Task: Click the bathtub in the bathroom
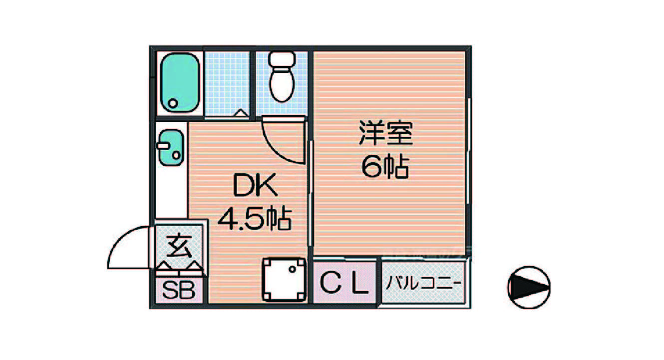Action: coord(180,83)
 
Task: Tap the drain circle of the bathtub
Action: coord(173,103)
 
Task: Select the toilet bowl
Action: coord(282,84)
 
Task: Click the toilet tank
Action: coord(282,59)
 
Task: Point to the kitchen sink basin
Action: coord(171,147)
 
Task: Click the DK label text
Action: coord(255,185)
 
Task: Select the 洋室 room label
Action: coord(386,133)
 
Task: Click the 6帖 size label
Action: coord(385,167)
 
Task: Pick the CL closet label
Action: coord(345,283)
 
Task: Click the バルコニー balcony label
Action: coord(423,283)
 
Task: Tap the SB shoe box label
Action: coord(179,290)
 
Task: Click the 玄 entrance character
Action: coord(179,246)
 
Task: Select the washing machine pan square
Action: coord(284,279)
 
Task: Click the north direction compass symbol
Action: coord(529,287)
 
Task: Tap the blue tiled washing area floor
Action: coord(227,84)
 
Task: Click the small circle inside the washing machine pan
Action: coord(292,269)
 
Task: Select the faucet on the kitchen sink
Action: coord(163,146)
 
